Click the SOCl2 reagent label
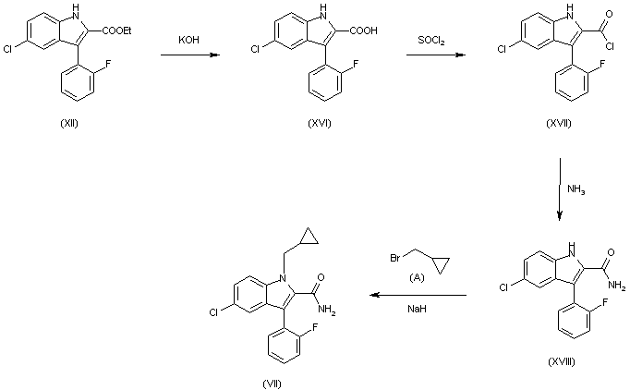tap(435, 41)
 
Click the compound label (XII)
tap(67, 125)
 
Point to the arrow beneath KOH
tap(191, 55)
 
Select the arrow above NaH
tap(418, 296)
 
